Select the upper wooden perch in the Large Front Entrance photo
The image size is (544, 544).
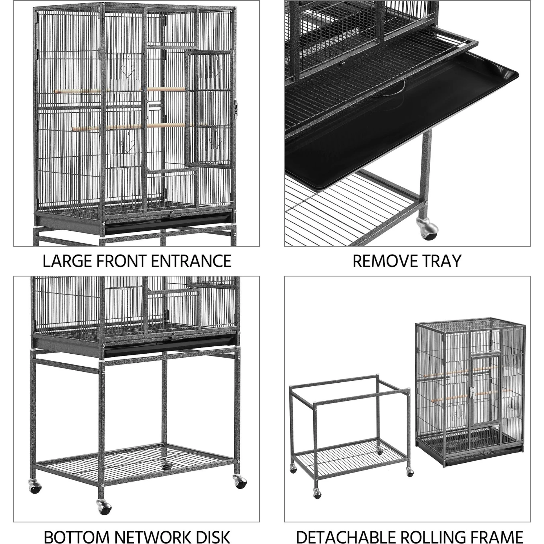tap(120, 91)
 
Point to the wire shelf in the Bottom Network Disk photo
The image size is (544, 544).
tap(138, 461)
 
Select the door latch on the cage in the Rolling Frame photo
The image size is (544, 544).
tap(472, 391)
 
